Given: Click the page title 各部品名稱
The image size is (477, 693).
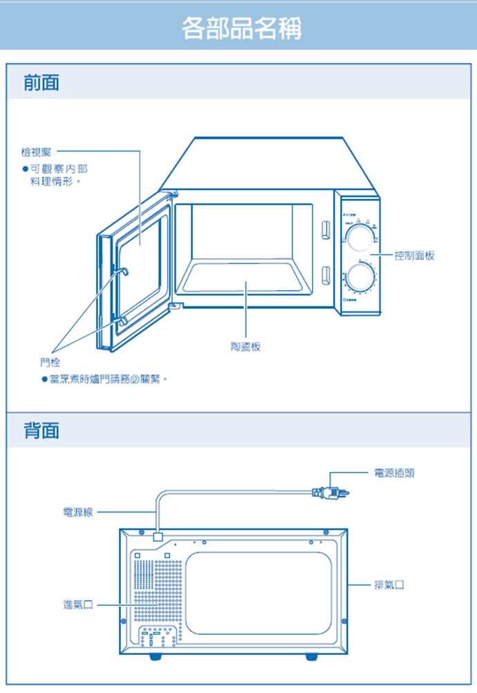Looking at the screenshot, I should pyautogui.click(x=241, y=28).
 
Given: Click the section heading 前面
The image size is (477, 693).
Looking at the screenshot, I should pyautogui.click(x=41, y=83).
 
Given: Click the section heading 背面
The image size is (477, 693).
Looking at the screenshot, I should pyautogui.click(x=41, y=431).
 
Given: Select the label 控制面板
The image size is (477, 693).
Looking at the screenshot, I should pyautogui.click(x=414, y=256).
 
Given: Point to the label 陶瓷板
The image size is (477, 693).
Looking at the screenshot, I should pyautogui.click(x=246, y=346).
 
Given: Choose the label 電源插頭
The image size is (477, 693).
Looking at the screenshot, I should pyautogui.click(x=393, y=473).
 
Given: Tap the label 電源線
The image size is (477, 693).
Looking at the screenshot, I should pyautogui.click(x=77, y=512).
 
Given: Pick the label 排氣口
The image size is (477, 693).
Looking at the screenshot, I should pyautogui.click(x=389, y=585).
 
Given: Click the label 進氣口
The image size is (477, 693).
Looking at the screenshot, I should pyautogui.click(x=77, y=605).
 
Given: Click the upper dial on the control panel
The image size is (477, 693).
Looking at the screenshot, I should pyautogui.click(x=359, y=239).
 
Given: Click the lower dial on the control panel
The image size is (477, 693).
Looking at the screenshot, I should pyautogui.click(x=359, y=277).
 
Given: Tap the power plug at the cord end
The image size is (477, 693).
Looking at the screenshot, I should pyautogui.click(x=331, y=493).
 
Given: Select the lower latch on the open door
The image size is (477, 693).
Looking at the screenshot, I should pyautogui.click(x=121, y=319).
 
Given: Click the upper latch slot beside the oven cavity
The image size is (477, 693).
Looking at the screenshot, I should pyautogui.click(x=324, y=229).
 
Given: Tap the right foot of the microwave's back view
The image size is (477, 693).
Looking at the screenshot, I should pyautogui.click(x=312, y=657).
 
